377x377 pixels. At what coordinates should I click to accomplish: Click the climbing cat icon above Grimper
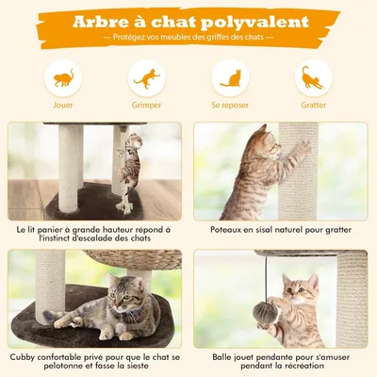(146, 78)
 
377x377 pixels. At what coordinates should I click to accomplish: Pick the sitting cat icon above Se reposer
(230, 78)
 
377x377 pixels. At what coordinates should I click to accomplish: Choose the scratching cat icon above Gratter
(314, 78)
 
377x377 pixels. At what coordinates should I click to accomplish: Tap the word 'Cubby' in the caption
(26, 356)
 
